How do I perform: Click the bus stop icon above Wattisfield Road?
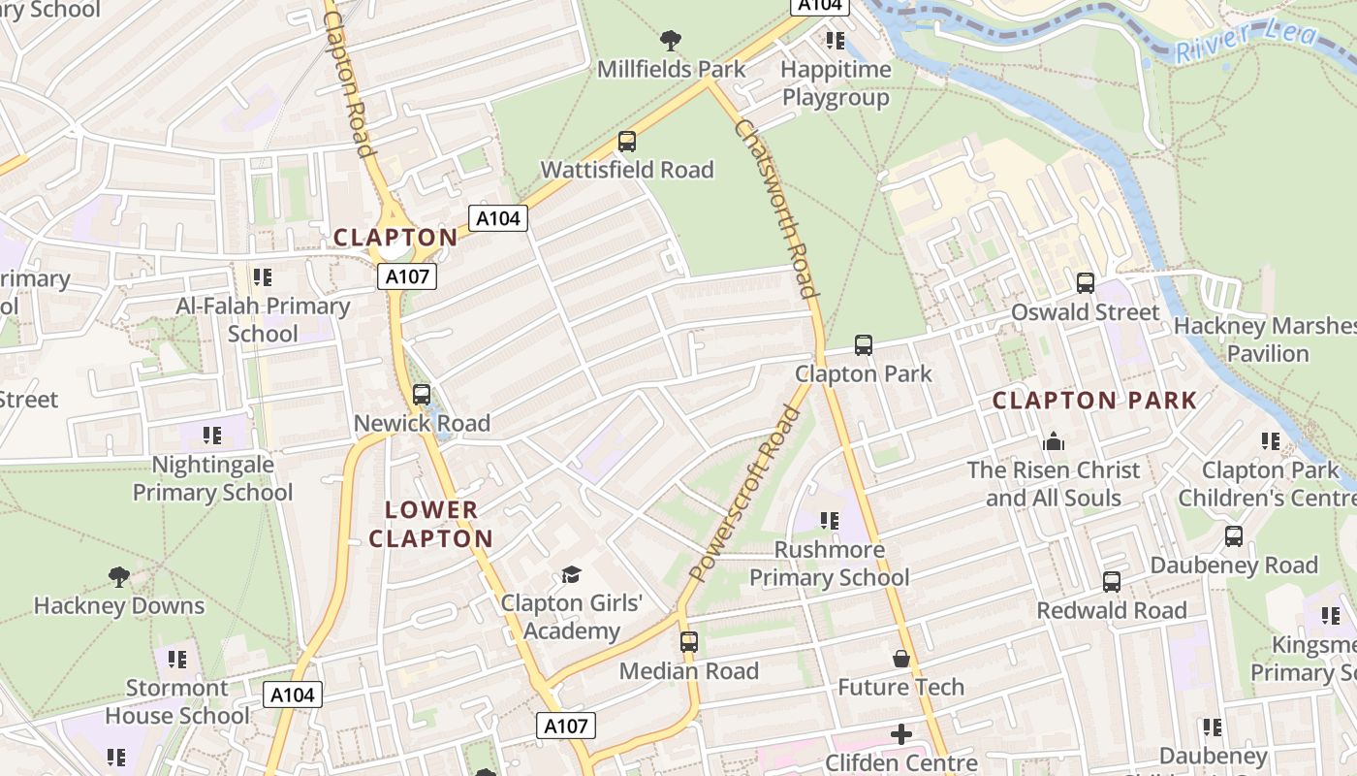pos(627,142)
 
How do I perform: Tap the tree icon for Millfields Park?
pos(670,41)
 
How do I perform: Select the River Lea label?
pos(1247,41)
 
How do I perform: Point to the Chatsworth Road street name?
pos(776,208)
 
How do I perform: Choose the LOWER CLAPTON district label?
pos(431,524)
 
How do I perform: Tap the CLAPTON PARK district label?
pos(1094,400)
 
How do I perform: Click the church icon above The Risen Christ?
pos(1054,442)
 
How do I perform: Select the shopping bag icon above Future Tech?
pos(901,660)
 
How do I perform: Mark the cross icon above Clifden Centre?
pos(901,734)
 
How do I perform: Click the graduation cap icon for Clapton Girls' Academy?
pos(571,575)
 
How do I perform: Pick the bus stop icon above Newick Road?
pos(422,395)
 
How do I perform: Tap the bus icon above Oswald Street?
pos(1086,283)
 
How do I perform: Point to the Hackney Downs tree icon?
pos(119,578)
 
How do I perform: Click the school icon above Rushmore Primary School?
pos(830,522)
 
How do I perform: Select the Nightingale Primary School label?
pos(212,478)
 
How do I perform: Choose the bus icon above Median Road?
pos(689,642)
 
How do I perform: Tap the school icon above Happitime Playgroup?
pos(835,41)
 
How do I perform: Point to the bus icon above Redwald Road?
pos(1112,582)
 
